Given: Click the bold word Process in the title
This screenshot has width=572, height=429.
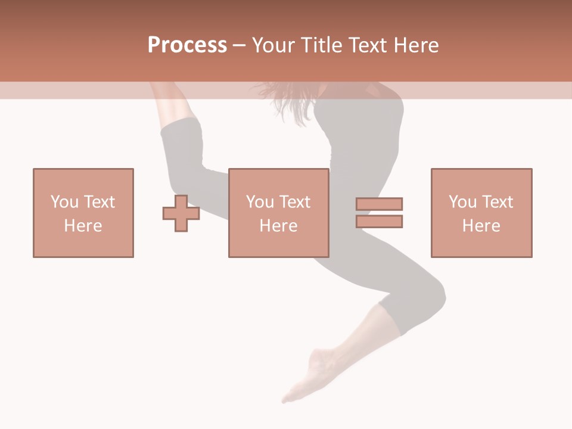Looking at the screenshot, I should [x=187, y=45].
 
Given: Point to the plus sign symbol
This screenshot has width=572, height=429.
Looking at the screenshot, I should [x=181, y=213].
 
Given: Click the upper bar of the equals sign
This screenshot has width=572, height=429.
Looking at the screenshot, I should [x=379, y=204].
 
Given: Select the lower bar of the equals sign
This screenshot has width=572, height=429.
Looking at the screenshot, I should [x=379, y=221].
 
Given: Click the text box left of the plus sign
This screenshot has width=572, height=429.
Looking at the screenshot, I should [x=83, y=213].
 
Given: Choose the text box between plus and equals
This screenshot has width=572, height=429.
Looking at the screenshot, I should [x=279, y=213].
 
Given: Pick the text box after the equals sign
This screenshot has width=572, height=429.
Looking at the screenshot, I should [x=481, y=213].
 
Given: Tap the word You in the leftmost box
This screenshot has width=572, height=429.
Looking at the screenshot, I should [x=64, y=202].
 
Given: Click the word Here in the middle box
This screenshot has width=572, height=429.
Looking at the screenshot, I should [x=279, y=226].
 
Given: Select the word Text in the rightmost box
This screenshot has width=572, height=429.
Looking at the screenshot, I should [x=497, y=202].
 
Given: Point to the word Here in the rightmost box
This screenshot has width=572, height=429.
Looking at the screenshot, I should [x=481, y=226].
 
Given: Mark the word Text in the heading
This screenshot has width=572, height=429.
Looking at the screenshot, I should [x=365, y=45].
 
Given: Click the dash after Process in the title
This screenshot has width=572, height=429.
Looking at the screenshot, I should [x=240, y=46].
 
